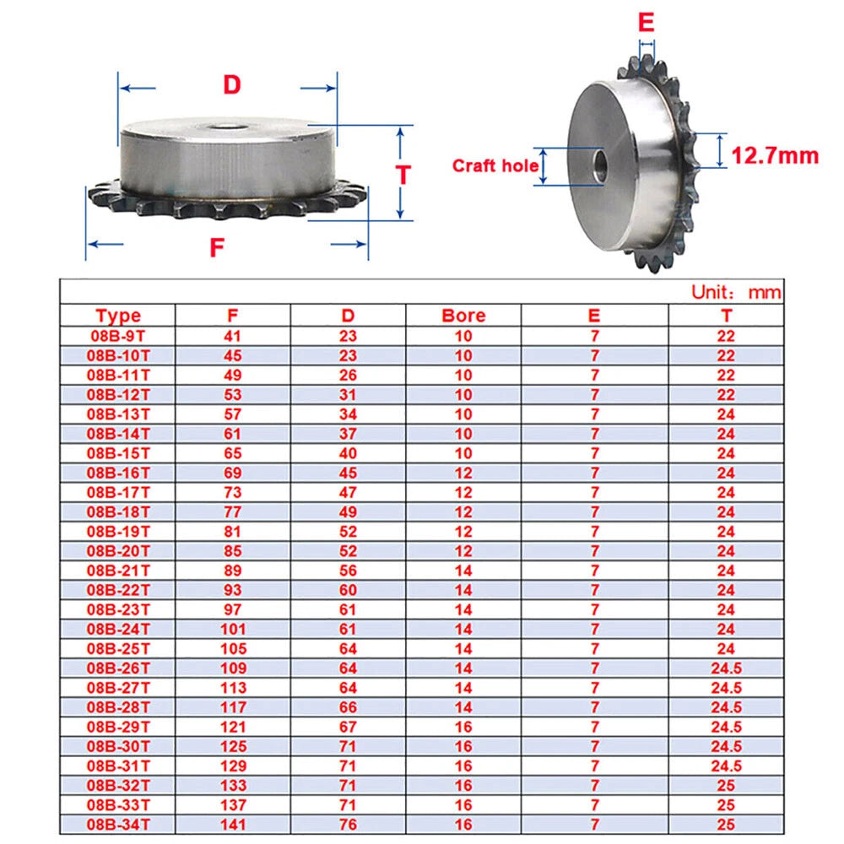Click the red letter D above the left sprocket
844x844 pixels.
(232, 85)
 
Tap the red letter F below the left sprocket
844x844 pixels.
(216, 247)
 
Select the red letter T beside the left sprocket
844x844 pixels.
(403, 175)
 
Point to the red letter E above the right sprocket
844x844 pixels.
(646, 23)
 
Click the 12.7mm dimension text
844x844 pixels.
(775, 155)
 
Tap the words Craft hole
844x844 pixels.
(495, 165)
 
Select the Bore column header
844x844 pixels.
(463, 316)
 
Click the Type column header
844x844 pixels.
(118, 316)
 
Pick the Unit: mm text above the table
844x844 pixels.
(736, 292)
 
